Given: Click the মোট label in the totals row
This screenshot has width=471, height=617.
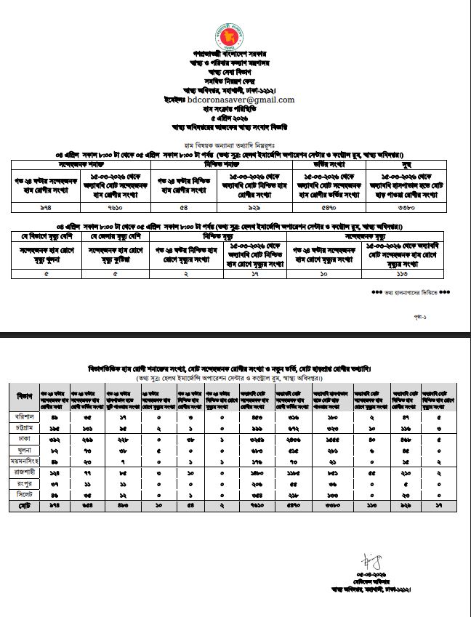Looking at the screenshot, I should (25, 504).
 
